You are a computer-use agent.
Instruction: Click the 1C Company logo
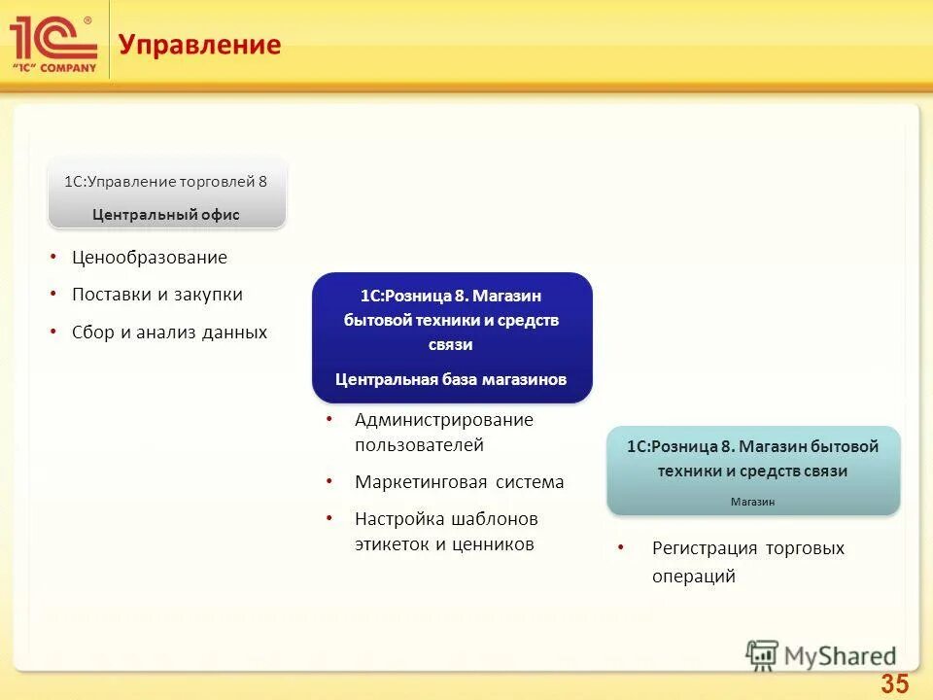(x=53, y=44)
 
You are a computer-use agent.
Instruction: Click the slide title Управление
(x=199, y=45)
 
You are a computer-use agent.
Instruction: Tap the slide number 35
(x=894, y=683)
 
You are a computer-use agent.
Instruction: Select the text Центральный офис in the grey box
(x=166, y=214)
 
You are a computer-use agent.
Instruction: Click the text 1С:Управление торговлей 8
(x=165, y=181)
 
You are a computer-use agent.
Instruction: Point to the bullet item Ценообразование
(x=149, y=258)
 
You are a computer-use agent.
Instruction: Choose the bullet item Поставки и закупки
(x=156, y=295)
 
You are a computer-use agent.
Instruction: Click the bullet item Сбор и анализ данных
(x=169, y=332)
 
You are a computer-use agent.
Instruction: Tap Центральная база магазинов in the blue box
(x=451, y=379)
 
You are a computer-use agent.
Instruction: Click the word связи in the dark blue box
(x=451, y=344)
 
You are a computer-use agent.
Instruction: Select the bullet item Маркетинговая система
(x=459, y=482)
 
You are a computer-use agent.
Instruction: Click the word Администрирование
(x=443, y=420)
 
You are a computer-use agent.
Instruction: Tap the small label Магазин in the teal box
(x=753, y=502)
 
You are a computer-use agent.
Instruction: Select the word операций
(x=693, y=576)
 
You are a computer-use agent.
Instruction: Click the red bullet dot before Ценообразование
(x=53, y=258)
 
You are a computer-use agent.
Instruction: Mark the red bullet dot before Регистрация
(x=621, y=548)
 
